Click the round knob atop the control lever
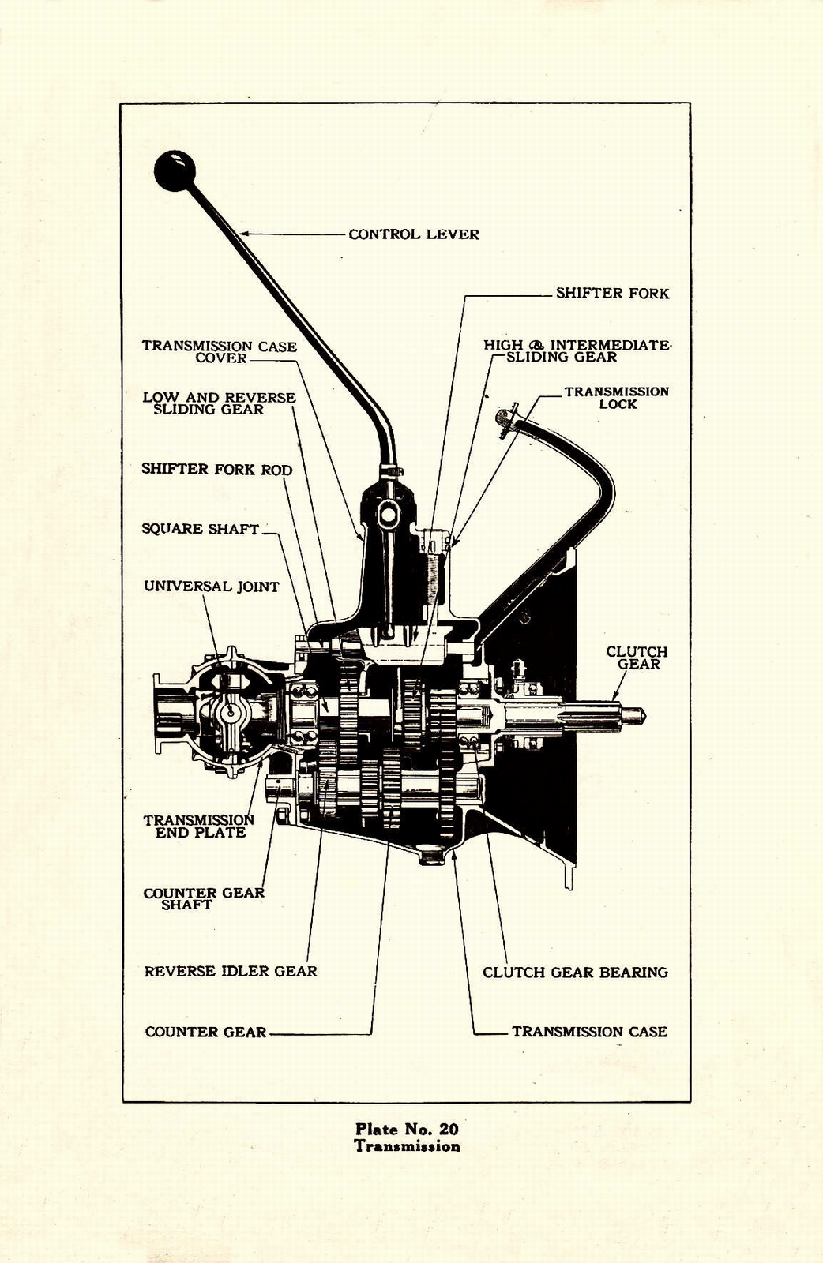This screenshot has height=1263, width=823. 175,171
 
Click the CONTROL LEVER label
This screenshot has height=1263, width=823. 413,234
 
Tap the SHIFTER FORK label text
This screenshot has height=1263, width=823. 611,294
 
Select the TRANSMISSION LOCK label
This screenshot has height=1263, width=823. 616,398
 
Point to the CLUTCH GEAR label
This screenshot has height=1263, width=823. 637,658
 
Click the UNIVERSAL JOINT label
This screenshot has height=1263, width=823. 211,587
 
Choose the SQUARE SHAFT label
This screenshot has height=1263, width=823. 200,529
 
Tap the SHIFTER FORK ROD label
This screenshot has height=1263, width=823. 216,470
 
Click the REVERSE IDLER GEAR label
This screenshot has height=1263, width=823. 230,972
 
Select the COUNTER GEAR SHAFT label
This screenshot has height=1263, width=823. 203,898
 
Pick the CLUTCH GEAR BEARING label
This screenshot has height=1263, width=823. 575,973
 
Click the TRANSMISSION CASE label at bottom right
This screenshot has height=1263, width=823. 589,1032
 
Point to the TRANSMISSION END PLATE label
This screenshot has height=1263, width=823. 199,826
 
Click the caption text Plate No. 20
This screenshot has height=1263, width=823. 407,1130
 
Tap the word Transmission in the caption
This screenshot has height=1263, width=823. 407,1146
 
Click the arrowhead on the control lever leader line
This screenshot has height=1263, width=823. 243,234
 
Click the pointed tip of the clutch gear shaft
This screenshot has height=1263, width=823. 644,715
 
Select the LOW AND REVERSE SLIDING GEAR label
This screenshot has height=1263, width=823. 219,403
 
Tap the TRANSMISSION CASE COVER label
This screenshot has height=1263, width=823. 219,352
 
